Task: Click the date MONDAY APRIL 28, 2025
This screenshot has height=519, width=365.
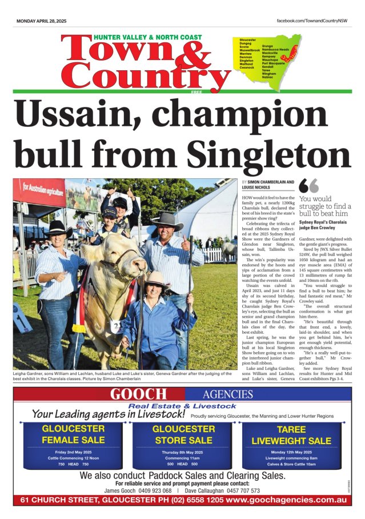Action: [x=41, y=21]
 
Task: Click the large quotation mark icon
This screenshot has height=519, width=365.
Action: [x=308, y=186]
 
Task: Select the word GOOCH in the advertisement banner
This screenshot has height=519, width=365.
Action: [x=139, y=394]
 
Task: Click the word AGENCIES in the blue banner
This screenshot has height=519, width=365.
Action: [x=227, y=394]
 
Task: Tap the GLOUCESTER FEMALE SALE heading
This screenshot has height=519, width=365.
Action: [x=74, y=434]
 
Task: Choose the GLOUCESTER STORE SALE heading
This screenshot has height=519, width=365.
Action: [x=183, y=434]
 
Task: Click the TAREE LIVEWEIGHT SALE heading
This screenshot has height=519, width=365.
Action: [x=291, y=434]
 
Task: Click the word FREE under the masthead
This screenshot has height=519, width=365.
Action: [x=196, y=91]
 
